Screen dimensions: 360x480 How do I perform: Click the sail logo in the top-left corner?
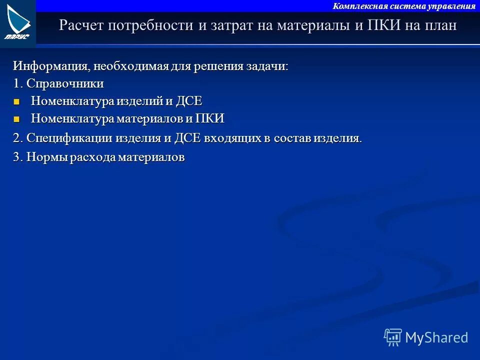[18, 22]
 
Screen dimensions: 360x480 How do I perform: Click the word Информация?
[44, 66]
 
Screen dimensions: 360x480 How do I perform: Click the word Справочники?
[65, 83]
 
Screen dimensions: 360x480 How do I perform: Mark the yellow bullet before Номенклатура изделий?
[17, 101]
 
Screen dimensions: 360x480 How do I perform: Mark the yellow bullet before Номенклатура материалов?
[17, 119]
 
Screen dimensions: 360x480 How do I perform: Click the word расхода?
[92, 157]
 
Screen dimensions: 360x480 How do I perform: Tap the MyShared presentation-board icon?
[393, 337]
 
